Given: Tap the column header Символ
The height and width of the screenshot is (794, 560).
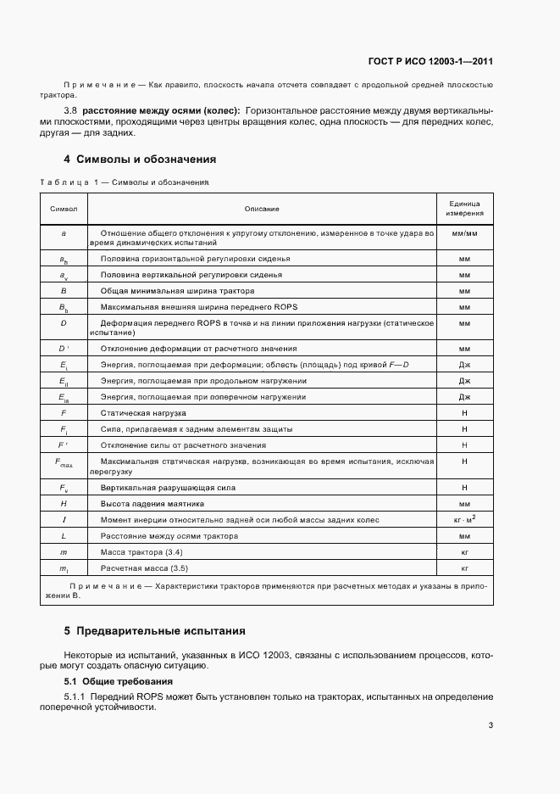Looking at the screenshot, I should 64,208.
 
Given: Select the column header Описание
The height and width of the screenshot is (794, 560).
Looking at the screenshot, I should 262,208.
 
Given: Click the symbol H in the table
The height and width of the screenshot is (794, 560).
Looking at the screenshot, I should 64,504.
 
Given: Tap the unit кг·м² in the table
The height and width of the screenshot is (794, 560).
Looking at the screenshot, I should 464,519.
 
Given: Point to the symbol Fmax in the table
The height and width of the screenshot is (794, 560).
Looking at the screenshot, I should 64,463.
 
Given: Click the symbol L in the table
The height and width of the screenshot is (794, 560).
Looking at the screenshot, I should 64,535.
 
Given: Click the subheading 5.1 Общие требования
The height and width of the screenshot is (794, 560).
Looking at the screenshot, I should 119,681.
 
